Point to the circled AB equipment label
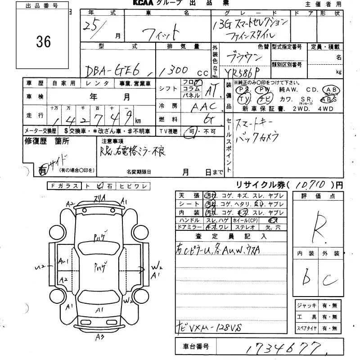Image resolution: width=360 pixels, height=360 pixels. [332, 90]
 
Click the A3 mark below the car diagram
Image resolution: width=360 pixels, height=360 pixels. [99, 336]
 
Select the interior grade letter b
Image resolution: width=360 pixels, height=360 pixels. [307, 279]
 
